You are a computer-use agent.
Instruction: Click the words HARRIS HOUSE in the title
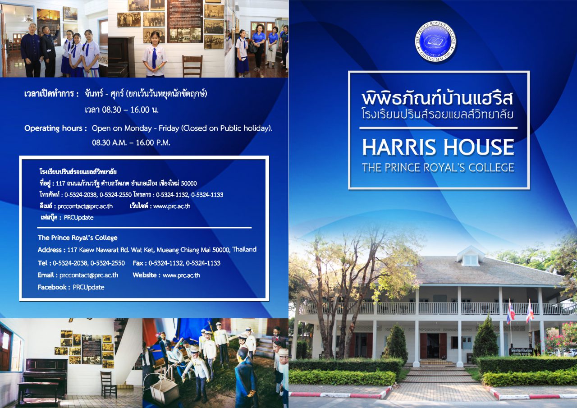click(438, 147)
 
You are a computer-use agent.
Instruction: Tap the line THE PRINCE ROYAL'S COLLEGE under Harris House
click(438, 168)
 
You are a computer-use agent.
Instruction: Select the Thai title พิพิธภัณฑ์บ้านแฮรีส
click(438, 98)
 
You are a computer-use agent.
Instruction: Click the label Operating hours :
click(55, 128)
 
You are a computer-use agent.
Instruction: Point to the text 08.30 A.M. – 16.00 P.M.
click(131, 142)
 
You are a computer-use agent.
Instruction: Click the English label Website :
click(146, 275)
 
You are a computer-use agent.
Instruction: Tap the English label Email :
click(47, 275)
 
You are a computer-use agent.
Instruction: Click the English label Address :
click(51, 249)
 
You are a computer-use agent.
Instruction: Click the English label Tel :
click(44, 263)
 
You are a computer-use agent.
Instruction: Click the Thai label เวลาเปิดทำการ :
click(51, 94)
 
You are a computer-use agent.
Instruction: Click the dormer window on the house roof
click(470, 259)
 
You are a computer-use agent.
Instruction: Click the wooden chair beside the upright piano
click(108, 384)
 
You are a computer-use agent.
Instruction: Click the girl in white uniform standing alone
click(155, 54)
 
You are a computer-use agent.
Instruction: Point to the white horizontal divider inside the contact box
click(144, 228)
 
